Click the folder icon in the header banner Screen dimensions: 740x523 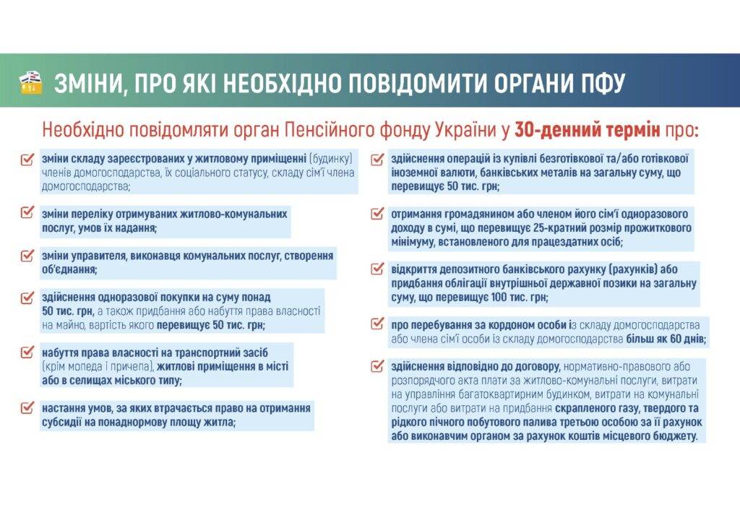tap(30, 83)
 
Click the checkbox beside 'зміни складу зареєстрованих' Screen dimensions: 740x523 tap(27, 159)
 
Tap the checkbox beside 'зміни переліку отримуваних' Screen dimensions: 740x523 tap(27, 212)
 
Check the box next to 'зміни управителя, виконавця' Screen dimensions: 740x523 tap(27, 255)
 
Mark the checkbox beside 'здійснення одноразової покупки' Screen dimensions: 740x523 tap(27, 298)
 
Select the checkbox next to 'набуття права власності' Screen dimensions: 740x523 tap(27, 352)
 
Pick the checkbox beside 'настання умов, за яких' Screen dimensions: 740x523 tap(27, 407)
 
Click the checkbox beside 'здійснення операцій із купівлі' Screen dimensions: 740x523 tap(377, 160)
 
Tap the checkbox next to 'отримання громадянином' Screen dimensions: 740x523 tap(377, 214)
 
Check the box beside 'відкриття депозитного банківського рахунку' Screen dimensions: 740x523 tap(377, 269)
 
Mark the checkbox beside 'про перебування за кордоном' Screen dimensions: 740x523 tap(377, 324)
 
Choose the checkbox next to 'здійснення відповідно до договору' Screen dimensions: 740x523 tap(377, 366)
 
